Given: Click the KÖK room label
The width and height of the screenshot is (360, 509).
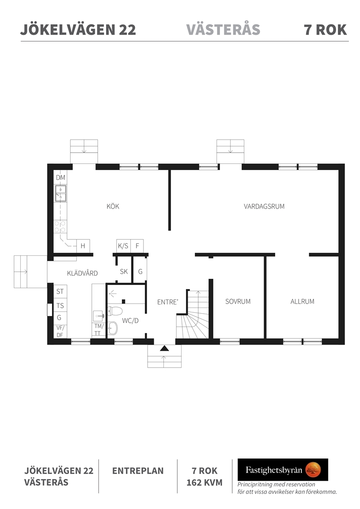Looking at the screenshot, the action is pyautogui.click(x=113, y=206).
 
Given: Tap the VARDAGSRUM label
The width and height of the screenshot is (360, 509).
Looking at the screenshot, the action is pyautogui.click(x=264, y=206).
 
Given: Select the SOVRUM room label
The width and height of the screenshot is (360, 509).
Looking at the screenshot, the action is pyautogui.click(x=238, y=301).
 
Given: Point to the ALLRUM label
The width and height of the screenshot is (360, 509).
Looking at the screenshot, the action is pyautogui.click(x=302, y=301).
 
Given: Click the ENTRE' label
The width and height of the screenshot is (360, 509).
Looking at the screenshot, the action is pyautogui.click(x=168, y=302).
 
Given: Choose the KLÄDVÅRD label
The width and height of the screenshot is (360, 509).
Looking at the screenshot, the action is pyautogui.click(x=83, y=273).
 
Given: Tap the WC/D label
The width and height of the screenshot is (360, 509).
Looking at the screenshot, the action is pyautogui.click(x=130, y=321).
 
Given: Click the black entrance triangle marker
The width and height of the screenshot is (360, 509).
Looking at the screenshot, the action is pyautogui.click(x=165, y=349).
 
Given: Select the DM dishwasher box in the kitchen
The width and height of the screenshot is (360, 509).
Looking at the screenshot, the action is pyautogui.click(x=61, y=177).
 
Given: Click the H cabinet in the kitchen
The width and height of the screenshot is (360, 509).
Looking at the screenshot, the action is pyautogui.click(x=83, y=246).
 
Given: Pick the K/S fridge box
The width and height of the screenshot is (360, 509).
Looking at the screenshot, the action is pyautogui.click(x=123, y=246).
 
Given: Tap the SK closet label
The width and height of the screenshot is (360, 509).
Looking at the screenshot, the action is pyautogui.click(x=124, y=271).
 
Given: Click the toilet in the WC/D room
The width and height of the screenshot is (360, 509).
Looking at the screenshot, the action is pyautogui.click(x=114, y=311).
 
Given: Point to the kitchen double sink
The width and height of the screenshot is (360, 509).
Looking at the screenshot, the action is pyautogui.click(x=61, y=193).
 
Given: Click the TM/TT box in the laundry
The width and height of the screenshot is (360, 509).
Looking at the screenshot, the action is pyautogui.click(x=99, y=330).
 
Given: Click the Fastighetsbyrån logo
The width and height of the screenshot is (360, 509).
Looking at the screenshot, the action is pyautogui.click(x=282, y=469).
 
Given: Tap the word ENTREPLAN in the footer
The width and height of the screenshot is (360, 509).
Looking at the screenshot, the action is pyautogui.click(x=138, y=471).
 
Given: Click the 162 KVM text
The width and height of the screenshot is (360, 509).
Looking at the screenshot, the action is pyautogui.click(x=205, y=482).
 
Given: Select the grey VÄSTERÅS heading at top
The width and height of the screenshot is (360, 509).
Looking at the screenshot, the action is pyautogui.click(x=223, y=30).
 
